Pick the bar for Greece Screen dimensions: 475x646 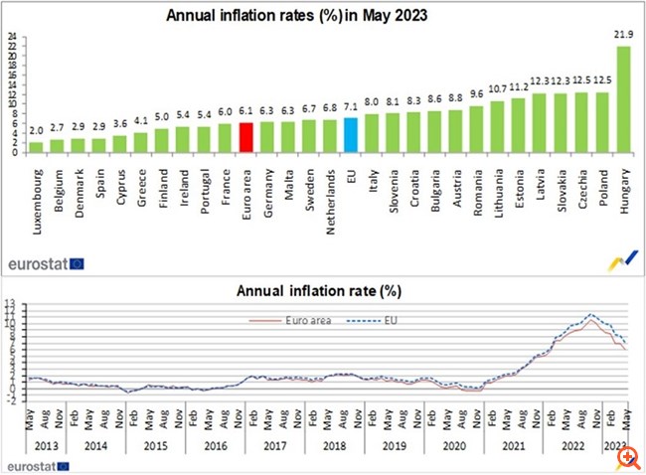[x=140, y=143]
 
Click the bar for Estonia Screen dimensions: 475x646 [x=518, y=125]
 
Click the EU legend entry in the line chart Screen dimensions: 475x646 [x=381, y=321]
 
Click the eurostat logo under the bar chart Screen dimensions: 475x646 [x=46, y=263]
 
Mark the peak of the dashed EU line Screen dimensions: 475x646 [x=592, y=314]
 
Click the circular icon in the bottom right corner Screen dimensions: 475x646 [x=625, y=456]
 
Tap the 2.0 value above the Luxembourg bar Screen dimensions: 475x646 [x=36, y=130]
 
